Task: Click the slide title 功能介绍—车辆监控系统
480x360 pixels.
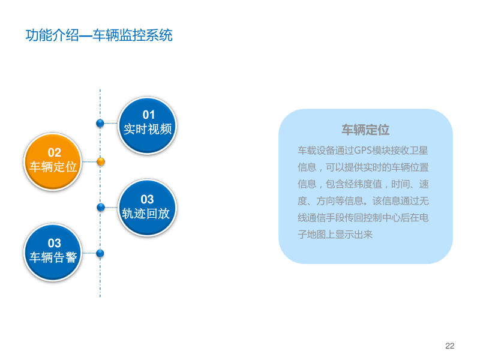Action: tap(99, 35)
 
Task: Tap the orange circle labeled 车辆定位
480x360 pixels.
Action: tap(53, 161)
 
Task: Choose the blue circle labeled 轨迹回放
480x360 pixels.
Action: tap(147, 207)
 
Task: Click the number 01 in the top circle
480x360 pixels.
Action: tap(148, 115)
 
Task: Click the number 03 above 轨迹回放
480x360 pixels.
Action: tap(147, 199)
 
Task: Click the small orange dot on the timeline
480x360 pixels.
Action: tap(101, 161)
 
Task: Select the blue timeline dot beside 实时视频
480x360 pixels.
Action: tap(100, 123)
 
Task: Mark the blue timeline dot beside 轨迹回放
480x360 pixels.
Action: tap(101, 207)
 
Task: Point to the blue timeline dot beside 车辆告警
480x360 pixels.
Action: tap(100, 253)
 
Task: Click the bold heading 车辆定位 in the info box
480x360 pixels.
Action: tap(365, 130)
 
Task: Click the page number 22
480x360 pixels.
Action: tap(450, 346)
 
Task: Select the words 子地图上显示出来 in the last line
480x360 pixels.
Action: tap(335, 235)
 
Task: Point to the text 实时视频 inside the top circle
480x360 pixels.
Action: tap(148, 129)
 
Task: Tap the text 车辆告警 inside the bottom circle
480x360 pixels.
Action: tap(53, 257)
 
